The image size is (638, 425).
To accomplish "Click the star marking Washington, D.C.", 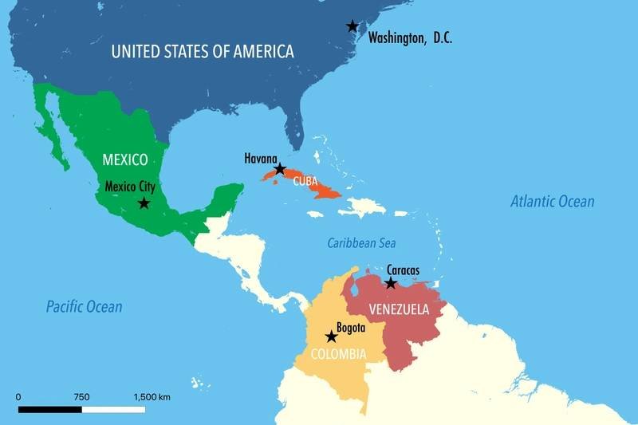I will pyautogui.click(x=352, y=26).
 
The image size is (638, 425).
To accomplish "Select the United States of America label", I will pyautogui.click(x=203, y=52).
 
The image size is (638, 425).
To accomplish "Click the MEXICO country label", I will pyautogui.click(x=124, y=159).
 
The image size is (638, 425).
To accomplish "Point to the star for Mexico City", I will pyautogui.click(x=144, y=203).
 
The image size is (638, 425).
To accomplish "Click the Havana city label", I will pyautogui.click(x=261, y=159).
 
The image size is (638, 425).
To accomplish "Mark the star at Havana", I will pyautogui.click(x=280, y=169).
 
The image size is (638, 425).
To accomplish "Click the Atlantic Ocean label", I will pyautogui.click(x=552, y=202).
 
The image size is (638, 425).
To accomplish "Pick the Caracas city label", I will pyautogui.click(x=402, y=270).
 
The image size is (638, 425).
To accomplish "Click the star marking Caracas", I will pyautogui.click(x=391, y=283).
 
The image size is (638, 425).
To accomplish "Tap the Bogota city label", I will pyautogui.click(x=350, y=328).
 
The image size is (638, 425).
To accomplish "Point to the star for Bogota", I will pyautogui.click(x=331, y=336).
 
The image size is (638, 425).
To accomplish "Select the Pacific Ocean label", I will pyautogui.click(x=84, y=306).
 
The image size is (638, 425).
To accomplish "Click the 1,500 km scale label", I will pyautogui.click(x=152, y=396).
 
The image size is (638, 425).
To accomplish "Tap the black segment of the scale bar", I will pyautogui.click(x=49, y=409).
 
